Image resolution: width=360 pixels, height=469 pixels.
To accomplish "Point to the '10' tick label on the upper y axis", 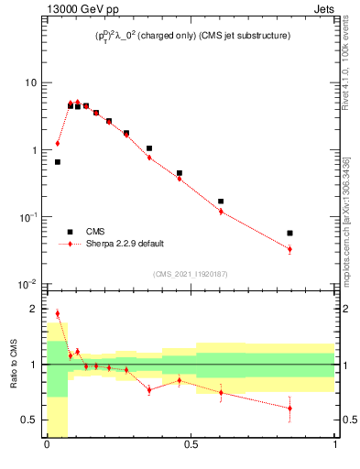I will [x=30, y=82].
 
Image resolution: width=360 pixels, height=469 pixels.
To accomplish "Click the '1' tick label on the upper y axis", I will [x=34, y=150].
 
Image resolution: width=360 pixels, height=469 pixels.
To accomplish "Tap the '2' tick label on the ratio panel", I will [x=35, y=309].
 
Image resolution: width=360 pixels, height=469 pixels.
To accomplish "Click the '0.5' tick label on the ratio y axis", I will [x=29, y=420].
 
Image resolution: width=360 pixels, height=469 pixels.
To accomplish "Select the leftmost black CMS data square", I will [x=57, y=162].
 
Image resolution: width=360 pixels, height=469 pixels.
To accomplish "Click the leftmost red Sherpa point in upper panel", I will [x=57, y=143].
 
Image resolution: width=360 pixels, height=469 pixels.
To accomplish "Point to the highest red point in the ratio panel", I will [x=57, y=313].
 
